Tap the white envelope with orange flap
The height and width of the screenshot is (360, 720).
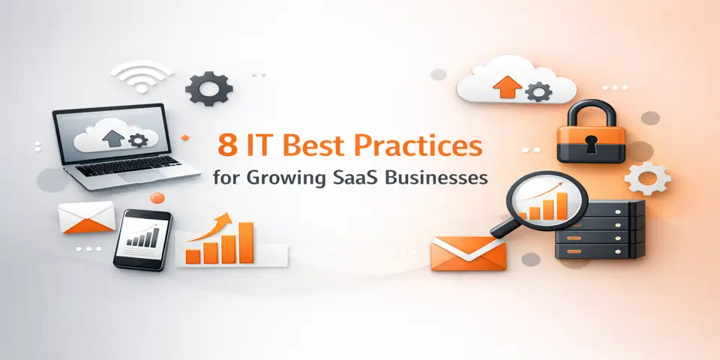(86, 215)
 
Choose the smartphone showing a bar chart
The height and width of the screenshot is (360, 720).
(142, 238)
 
